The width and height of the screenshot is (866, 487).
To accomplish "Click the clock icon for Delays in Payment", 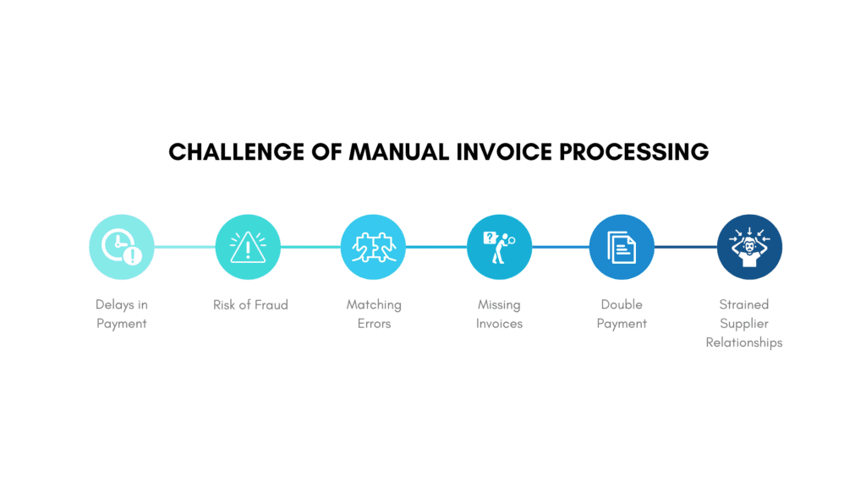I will coord(122,247).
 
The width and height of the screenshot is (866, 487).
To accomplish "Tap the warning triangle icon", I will coord(248,247).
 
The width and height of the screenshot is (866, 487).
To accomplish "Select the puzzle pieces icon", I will coord(373,247).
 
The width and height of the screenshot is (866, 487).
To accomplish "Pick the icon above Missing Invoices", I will coord(499,247).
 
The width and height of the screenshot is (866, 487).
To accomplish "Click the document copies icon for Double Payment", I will coord(622,247).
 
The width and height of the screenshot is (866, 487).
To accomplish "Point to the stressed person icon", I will coord(749,247).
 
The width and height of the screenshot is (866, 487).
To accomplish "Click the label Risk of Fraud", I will coord(250,304).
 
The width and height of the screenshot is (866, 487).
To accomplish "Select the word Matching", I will coord(374,304).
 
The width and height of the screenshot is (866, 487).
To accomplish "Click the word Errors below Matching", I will coord(374,324).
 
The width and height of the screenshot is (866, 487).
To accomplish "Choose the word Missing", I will coord(499,304).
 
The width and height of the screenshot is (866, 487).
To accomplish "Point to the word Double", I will coord(622,304).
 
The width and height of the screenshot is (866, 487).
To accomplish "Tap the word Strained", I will coord(744,304).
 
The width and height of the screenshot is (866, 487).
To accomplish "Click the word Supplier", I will coord(744,324).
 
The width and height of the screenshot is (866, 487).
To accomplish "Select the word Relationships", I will coord(744,342).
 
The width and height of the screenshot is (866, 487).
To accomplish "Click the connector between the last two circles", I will coord(685,247).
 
